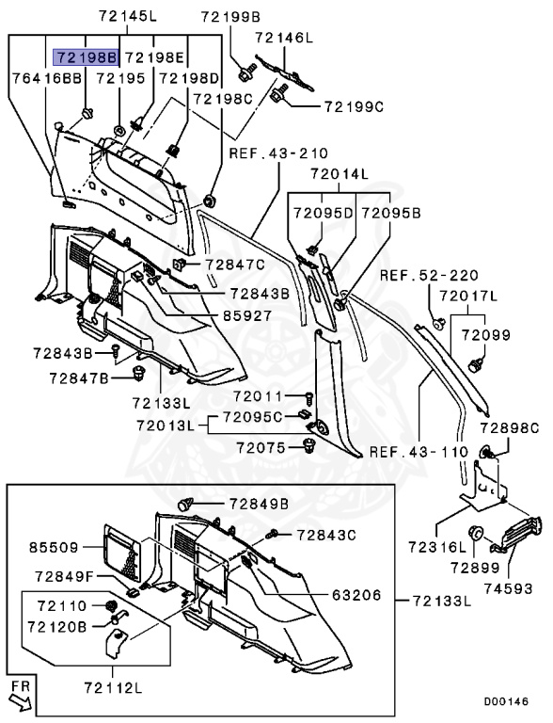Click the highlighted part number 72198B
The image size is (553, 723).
87,57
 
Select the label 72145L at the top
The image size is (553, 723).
128,17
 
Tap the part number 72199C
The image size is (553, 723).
354,107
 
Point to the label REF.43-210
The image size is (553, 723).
278,153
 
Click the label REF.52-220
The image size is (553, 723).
429,276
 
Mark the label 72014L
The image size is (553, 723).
340,174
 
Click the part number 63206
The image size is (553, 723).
356,595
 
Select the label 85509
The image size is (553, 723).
54,547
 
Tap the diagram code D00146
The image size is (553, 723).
506,701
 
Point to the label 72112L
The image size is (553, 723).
114,688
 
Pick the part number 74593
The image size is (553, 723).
508,588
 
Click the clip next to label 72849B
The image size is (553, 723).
185,504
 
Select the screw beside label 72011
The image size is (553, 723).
309,396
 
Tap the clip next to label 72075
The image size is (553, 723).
309,446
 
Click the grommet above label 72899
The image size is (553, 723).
475,534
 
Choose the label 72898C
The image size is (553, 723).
509,428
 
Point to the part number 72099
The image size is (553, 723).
486,335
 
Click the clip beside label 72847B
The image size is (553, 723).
137,373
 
